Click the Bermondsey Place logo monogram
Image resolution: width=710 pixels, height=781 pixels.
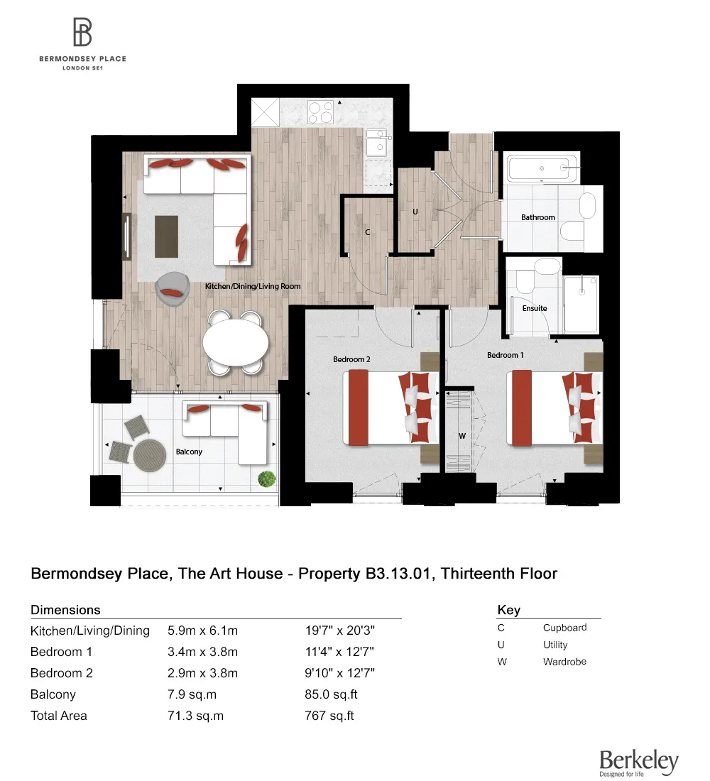[x=82, y=33]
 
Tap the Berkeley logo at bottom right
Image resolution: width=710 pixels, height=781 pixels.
[x=638, y=762]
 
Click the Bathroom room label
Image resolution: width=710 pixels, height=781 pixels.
[x=538, y=217]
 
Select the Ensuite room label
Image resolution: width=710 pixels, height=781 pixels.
[x=535, y=308]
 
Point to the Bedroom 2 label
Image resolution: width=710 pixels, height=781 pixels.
[x=351, y=359]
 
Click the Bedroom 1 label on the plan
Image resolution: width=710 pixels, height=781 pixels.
[x=506, y=354]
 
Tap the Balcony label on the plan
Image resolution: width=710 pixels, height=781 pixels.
[x=189, y=452]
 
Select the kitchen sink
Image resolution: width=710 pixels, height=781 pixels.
[x=376, y=143]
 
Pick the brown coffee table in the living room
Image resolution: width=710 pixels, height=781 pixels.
[x=168, y=236]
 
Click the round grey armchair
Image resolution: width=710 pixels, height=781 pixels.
[x=172, y=289]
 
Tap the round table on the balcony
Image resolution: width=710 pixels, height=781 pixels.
[x=148, y=455]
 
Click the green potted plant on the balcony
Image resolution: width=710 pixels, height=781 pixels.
[x=266, y=479]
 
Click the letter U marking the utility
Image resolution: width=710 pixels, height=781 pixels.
[x=415, y=212]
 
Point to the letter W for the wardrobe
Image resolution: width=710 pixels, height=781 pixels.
[x=461, y=436]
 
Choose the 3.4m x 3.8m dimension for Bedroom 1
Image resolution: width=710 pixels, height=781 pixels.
[x=202, y=652]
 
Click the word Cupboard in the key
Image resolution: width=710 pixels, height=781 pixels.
[x=564, y=628]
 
